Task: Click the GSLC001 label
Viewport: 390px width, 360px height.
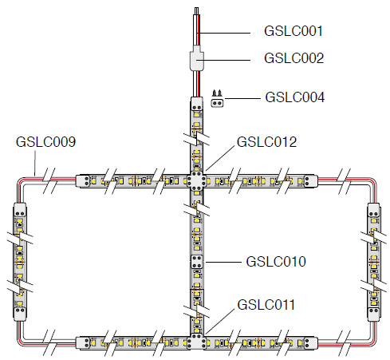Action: coord(293,31)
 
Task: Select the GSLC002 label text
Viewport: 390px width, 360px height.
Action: coord(293,58)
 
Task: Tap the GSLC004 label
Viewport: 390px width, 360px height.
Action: coord(295,97)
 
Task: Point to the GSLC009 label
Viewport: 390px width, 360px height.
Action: coord(45,141)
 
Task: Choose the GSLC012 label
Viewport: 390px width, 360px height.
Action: coord(266,142)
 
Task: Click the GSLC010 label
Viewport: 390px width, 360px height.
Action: coord(276,261)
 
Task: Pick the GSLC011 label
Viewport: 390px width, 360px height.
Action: coord(266,305)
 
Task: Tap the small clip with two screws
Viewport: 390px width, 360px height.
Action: coord(217,99)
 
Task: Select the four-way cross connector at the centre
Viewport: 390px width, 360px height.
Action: coord(197,181)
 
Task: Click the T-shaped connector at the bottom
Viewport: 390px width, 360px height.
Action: coord(197,341)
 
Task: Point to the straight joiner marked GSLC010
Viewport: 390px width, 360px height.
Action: coord(197,262)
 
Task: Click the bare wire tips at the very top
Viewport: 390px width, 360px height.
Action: coord(197,11)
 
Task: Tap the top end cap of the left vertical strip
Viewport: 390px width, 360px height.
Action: coord(20,211)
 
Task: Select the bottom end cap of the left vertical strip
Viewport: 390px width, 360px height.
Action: coord(20,313)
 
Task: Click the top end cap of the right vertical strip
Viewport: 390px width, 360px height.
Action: coord(373,211)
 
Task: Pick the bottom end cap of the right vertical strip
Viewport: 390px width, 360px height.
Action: coord(373,314)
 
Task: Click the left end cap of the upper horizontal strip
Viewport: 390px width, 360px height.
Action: coord(83,181)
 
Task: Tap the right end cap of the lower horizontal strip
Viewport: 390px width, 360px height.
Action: coord(310,343)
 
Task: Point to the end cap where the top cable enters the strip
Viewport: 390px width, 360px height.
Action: coord(197,105)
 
